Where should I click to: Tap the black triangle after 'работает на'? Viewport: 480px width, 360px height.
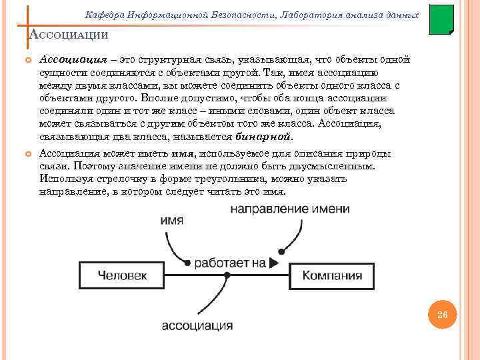pos(275,263)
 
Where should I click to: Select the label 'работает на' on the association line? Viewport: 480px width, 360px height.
pos(230,263)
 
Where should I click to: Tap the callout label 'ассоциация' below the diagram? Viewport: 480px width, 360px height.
pos(197,326)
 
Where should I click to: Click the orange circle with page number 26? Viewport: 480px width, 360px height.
pos(441,314)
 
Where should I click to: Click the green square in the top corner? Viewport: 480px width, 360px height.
pos(441,20)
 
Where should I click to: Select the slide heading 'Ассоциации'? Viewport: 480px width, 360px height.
pos(69,35)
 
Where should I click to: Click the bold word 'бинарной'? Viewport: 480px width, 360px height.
pos(264,137)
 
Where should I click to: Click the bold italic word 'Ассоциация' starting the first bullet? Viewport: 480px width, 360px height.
pos(69,61)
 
